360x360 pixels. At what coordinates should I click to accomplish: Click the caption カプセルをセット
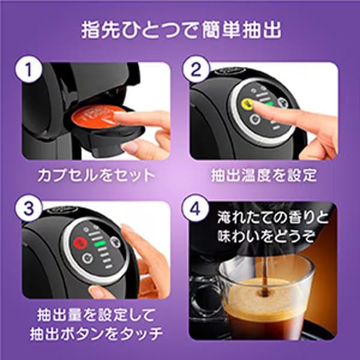[x=96, y=176]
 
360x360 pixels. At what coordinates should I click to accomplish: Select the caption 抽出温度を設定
[x=263, y=176]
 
